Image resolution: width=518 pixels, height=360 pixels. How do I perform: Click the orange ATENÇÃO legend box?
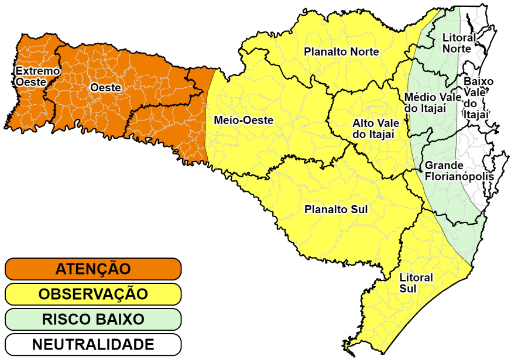click(x=93, y=269)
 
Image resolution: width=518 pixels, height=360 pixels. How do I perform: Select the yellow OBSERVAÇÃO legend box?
click(x=93, y=294)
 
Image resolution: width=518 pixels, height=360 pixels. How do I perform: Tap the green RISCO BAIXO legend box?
click(x=93, y=319)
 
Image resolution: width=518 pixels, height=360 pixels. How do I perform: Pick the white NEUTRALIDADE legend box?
click(x=93, y=344)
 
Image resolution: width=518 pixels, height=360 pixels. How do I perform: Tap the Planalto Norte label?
click(x=341, y=52)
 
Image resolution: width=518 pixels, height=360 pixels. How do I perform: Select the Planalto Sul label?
click(x=336, y=208)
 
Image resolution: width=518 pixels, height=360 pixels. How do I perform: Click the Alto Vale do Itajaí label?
click(x=375, y=129)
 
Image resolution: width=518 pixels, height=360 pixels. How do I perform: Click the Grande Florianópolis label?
click(x=459, y=171)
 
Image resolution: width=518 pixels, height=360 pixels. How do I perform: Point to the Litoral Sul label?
click(x=416, y=283)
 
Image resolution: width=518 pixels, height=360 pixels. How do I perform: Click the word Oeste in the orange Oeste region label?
click(x=106, y=87)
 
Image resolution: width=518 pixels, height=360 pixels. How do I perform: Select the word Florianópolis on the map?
click(x=459, y=176)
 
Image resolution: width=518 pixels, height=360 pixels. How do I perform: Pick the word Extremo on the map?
click(x=37, y=71)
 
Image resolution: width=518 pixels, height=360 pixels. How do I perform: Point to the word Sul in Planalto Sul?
click(x=359, y=208)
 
